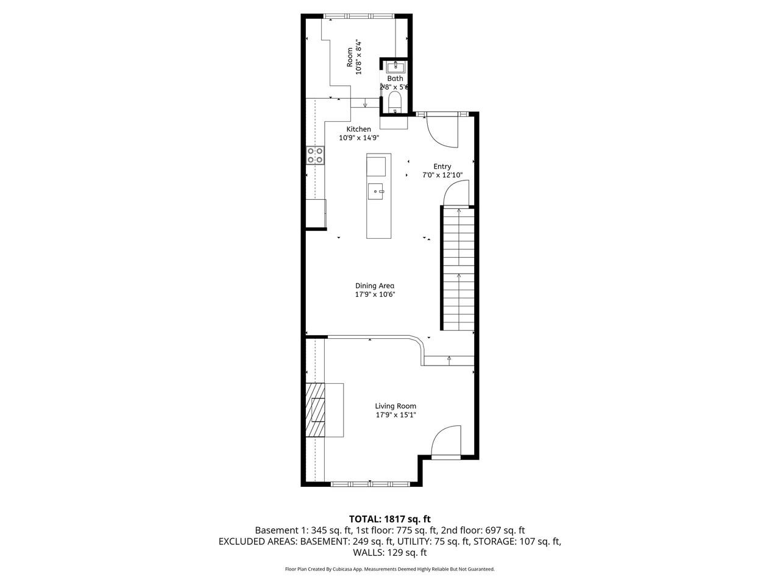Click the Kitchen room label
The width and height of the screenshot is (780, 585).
[x=358, y=129]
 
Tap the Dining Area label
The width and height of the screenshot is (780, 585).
[x=375, y=286]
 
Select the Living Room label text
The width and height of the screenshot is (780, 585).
[x=395, y=406]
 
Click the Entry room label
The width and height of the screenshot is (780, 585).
[x=442, y=166]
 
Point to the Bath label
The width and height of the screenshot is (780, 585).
[x=395, y=79]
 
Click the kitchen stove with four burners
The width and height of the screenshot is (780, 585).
[x=315, y=155]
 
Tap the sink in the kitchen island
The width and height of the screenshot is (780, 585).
[x=376, y=191]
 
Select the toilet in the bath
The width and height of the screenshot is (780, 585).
[x=395, y=101]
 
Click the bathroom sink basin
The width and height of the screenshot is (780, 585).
[x=395, y=66]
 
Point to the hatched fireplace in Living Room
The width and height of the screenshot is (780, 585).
[x=316, y=410]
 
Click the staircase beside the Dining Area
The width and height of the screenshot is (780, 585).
[x=457, y=268]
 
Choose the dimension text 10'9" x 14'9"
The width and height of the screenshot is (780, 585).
[x=359, y=138]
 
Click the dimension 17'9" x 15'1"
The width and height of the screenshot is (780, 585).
[x=395, y=416]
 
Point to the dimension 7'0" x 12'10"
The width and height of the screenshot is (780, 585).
[x=442, y=175]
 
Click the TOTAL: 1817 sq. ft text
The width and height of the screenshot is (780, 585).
[x=390, y=519]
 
